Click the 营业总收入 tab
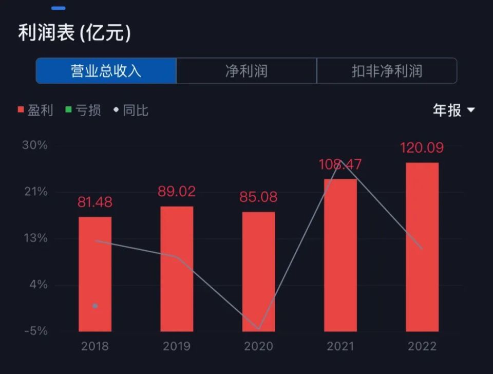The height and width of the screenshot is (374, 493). pos(106,71)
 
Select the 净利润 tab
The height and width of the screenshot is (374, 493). pos(246,71)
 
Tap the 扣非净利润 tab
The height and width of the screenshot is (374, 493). pos(387,71)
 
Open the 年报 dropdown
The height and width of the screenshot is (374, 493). pos(454,110)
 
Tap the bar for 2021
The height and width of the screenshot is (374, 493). pos(340,255)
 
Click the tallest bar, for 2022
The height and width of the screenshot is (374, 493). pos(422,247)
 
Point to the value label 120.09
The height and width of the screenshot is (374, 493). pos(422,148)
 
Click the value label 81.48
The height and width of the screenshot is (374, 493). pos(95,202)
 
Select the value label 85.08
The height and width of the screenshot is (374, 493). pos(259,197)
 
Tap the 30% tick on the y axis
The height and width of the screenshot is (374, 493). pos(35,145)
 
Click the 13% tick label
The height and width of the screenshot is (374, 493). pos(35,238)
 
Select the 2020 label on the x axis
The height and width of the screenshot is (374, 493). pos(259,346)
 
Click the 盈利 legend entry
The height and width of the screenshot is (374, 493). pos(35,110)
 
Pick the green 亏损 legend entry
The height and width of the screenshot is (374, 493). pos(83,110)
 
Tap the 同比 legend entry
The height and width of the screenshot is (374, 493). pos(131,110)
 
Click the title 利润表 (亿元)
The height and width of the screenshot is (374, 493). pos(74,33)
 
